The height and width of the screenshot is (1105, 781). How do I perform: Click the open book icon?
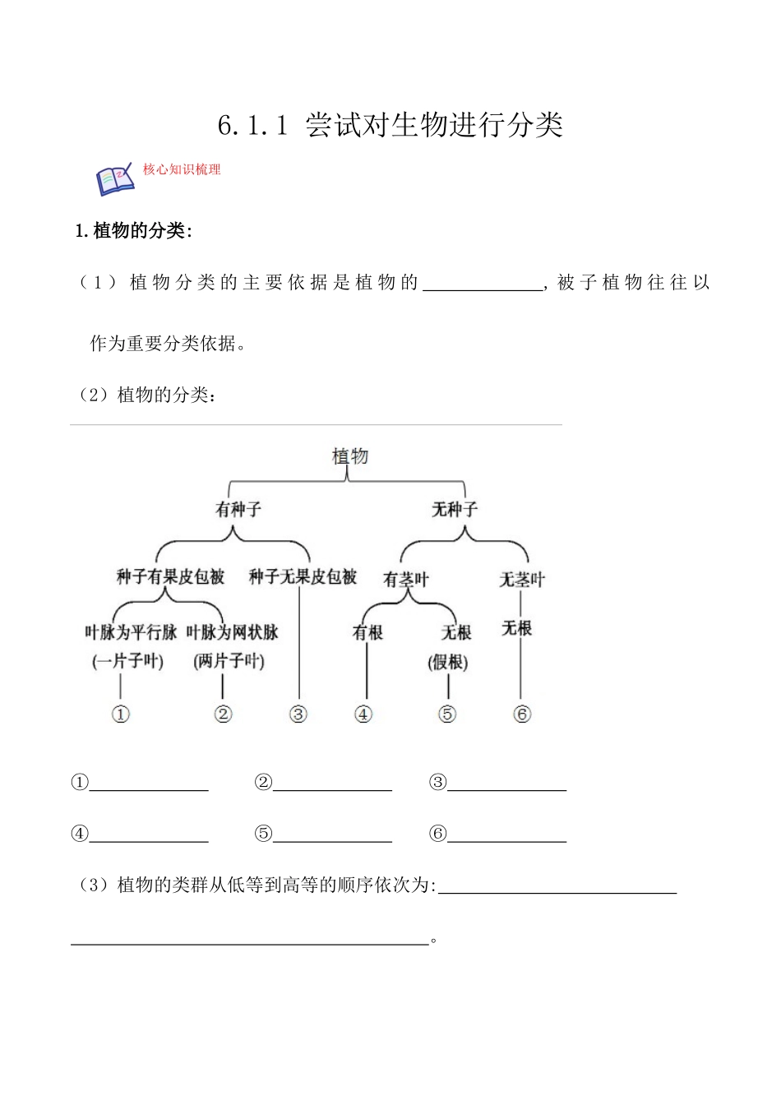[x=115, y=179]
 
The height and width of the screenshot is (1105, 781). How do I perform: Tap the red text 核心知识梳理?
[x=182, y=169]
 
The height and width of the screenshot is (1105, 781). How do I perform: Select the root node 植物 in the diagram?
[x=350, y=455]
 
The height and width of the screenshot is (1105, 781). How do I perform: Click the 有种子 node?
[x=238, y=510]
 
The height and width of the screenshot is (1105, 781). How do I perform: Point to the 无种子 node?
[x=455, y=510]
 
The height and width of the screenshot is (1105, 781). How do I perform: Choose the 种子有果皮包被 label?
[x=170, y=577]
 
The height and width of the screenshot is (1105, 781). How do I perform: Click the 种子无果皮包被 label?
[x=303, y=577]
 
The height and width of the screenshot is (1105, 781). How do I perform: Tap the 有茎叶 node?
[x=406, y=580]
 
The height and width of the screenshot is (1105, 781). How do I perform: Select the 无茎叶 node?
[x=522, y=580]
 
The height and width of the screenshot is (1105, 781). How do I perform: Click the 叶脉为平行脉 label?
[x=131, y=632]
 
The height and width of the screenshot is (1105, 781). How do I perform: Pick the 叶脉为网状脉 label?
[x=233, y=632]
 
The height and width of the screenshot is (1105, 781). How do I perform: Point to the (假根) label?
[x=448, y=662]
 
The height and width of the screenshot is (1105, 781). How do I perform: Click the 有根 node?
[x=367, y=632]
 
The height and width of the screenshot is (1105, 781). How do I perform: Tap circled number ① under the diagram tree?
[x=121, y=714]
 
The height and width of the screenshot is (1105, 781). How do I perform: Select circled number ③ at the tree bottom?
[x=298, y=714]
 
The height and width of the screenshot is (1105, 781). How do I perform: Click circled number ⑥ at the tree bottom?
[x=522, y=714]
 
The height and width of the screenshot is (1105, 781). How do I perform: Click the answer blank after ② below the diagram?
[x=332, y=783]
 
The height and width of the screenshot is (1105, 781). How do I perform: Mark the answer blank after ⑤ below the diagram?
[x=332, y=835]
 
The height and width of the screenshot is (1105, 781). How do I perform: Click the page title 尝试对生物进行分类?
[x=433, y=125]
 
